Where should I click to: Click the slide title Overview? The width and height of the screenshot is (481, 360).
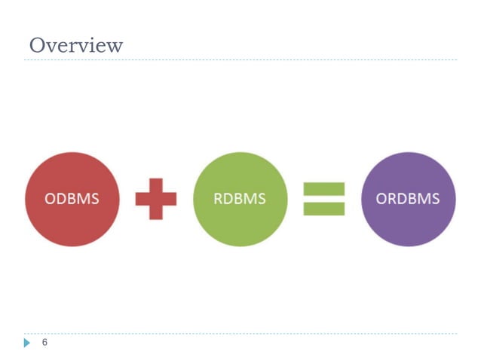pyautogui.click(x=75, y=45)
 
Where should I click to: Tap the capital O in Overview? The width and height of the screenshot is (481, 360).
pyautogui.click(x=38, y=45)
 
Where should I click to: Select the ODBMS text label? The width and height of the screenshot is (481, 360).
pyautogui.click(x=72, y=199)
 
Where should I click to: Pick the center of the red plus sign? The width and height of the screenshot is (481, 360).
pyautogui.click(x=156, y=199)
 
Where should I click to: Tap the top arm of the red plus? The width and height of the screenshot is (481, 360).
pyautogui.click(x=156, y=185)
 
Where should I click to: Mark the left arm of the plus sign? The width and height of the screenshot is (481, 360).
pyautogui.click(x=142, y=199)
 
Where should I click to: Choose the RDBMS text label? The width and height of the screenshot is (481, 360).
pyautogui.click(x=240, y=199)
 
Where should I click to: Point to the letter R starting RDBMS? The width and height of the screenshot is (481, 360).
pyautogui.click(x=219, y=199)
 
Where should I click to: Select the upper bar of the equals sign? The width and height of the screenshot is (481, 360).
pyautogui.click(x=324, y=188)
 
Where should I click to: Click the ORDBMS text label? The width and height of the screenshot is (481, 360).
pyautogui.click(x=408, y=199)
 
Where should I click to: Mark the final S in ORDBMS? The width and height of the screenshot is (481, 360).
pyautogui.click(x=436, y=199)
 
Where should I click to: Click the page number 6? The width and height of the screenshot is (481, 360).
pyautogui.click(x=44, y=343)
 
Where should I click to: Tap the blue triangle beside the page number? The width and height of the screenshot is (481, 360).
pyautogui.click(x=27, y=343)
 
